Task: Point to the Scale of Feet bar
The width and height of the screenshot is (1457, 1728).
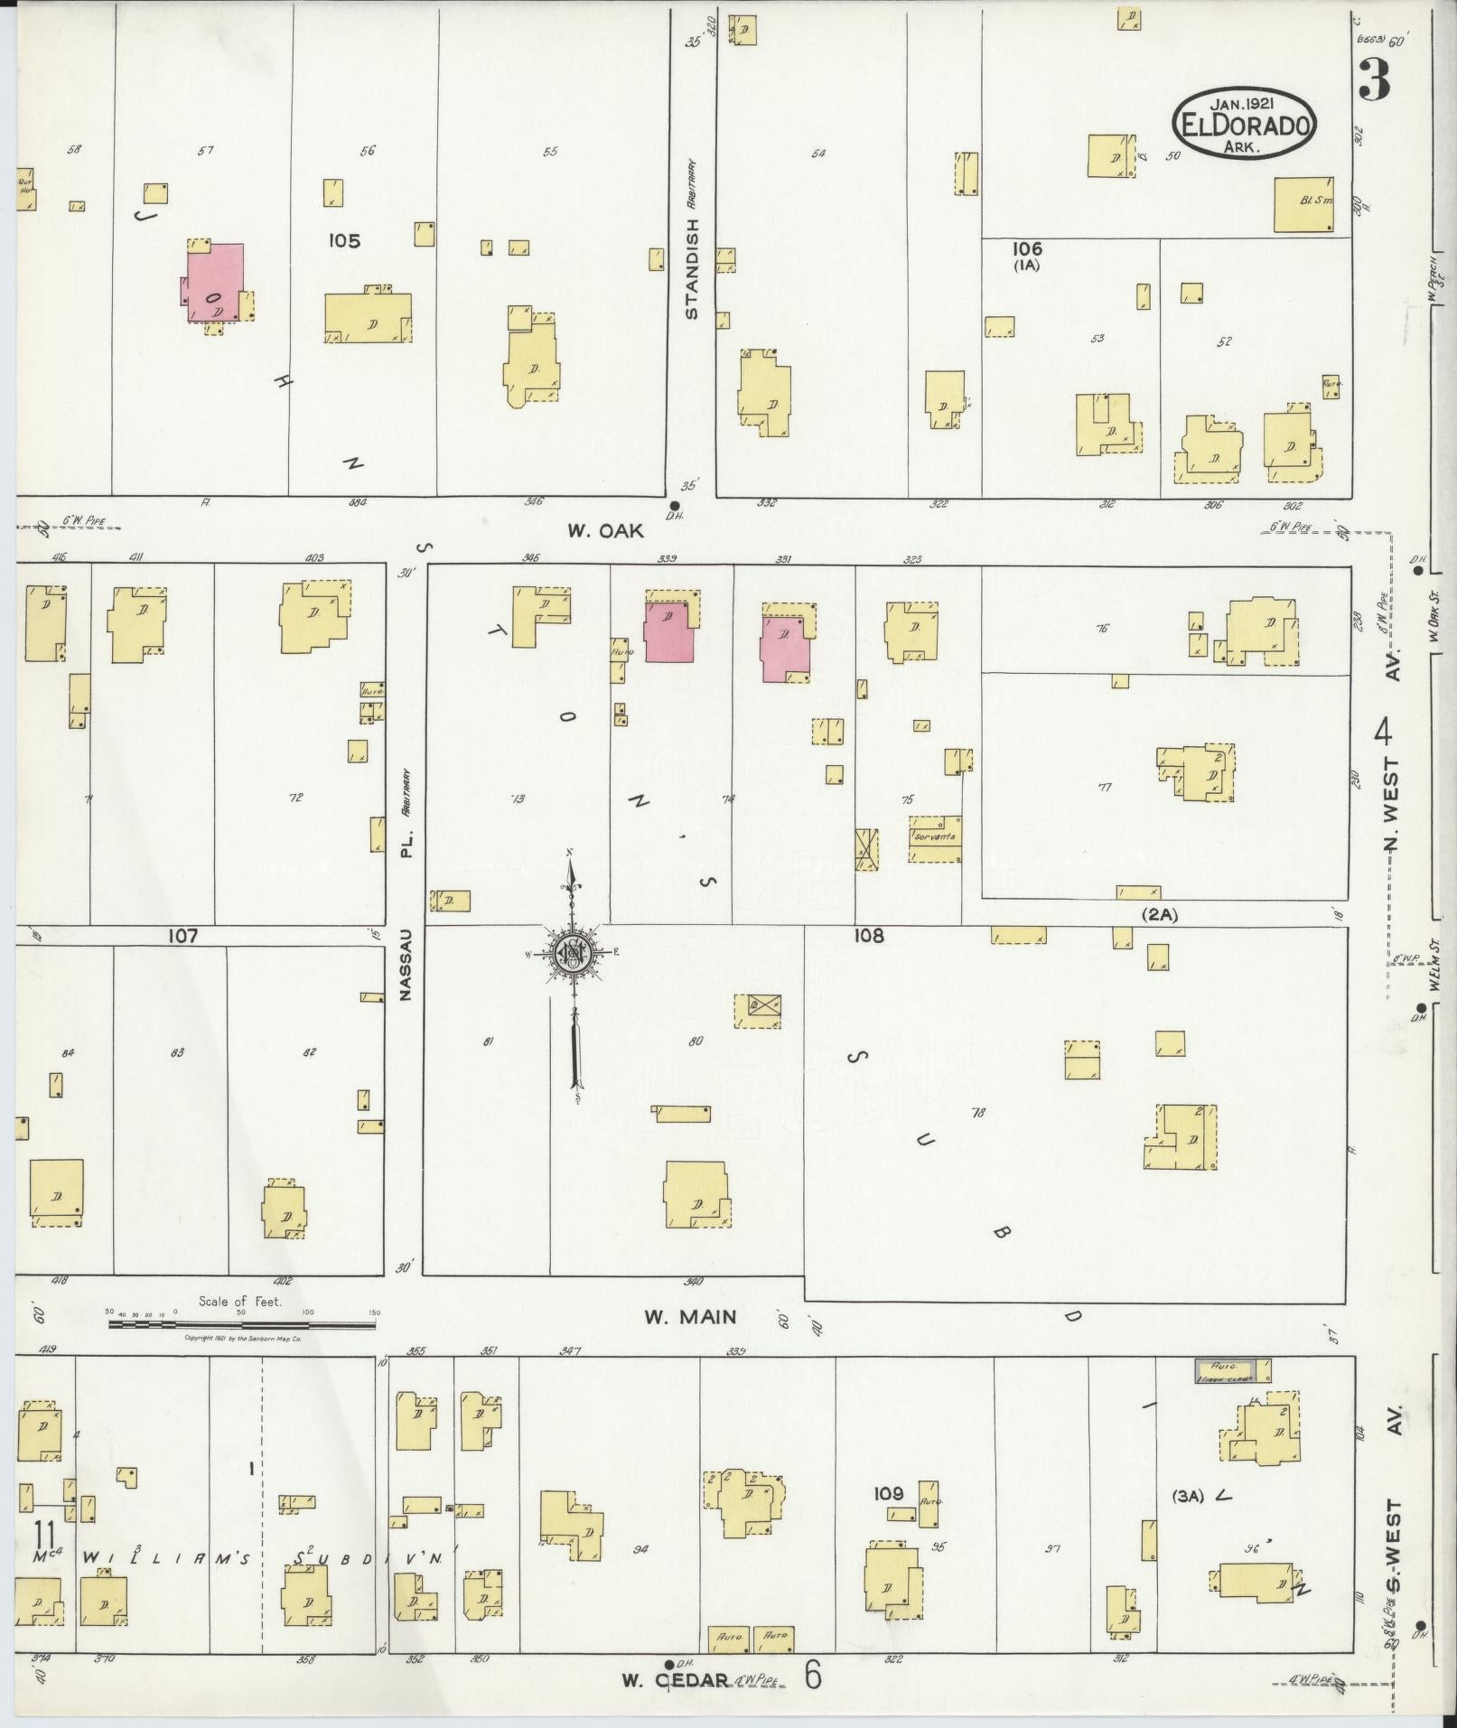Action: tap(241, 1325)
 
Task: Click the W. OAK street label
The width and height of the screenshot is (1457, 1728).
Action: tap(605, 531)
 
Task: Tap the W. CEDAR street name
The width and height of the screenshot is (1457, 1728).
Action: tap(675, 1680)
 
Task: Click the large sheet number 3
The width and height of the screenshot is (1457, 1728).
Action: tap(1373, 81)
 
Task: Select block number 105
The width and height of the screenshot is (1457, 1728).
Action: tap(344, 241)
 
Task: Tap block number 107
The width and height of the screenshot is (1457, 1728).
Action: tap(182, 937)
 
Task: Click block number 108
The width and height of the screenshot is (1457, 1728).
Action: tap(869, 936)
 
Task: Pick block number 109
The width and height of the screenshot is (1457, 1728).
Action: tap(889, 1493)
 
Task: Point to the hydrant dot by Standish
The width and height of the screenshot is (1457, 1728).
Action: tap(674, 505)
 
